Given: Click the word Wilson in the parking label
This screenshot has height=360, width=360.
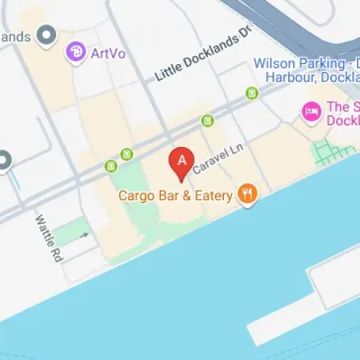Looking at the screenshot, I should click(x=273, y=63).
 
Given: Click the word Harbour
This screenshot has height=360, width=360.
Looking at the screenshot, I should click(x=288, y=77).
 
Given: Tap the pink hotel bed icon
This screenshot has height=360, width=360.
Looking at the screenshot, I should click(x=311, y=111).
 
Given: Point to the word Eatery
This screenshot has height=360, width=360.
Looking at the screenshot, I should click(x=215, y=195).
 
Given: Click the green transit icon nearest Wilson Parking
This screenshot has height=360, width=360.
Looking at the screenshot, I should click(x=251, y=92).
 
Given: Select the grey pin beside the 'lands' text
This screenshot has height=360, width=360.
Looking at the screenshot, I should click(x=48, y=34).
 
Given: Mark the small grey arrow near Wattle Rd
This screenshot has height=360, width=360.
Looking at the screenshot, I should click(x=84, y=235).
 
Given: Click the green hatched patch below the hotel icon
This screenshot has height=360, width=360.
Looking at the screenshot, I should click(x=333, y=150).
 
